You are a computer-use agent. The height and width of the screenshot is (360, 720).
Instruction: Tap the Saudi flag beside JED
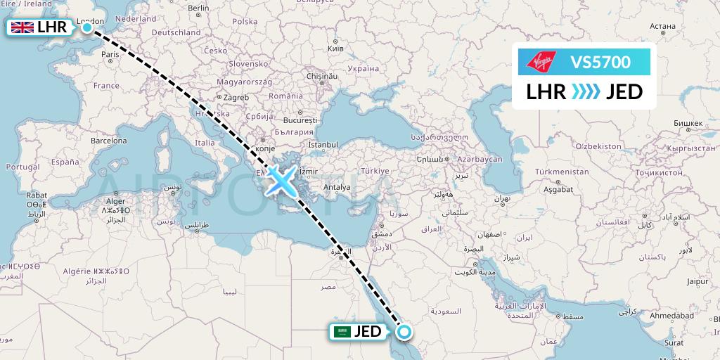pos(342,332)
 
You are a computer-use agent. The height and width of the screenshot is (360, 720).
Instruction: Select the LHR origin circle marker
pos(87,27)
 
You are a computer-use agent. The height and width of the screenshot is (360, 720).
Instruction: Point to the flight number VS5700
pos(600,63)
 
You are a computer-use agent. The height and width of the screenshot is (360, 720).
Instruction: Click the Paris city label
pos(110,54)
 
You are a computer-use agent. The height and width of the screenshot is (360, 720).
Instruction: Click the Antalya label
pos(337,187)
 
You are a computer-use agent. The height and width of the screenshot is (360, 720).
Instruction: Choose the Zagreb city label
pos(236,97)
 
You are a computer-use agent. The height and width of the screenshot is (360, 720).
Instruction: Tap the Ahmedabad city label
pos(675,316)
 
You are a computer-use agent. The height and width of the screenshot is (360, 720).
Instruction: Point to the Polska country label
pos(245,21)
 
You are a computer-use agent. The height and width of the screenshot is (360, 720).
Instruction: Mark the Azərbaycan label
pos(480,160)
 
